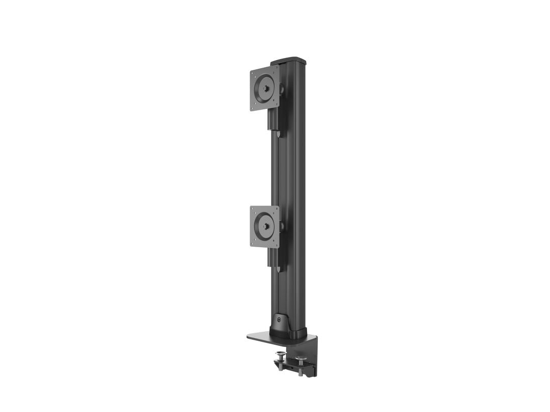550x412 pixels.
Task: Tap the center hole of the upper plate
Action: click(x=265, y=88)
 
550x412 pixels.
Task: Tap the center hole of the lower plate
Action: click(x=265, y=226)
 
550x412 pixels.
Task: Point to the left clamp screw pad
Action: click(x=280, y=355)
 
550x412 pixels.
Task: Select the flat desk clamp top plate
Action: click(x=260, y=337)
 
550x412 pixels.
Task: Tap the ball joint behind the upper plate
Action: click(x=281, y=89)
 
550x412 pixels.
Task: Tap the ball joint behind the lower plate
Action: click(x=282, y=226)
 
